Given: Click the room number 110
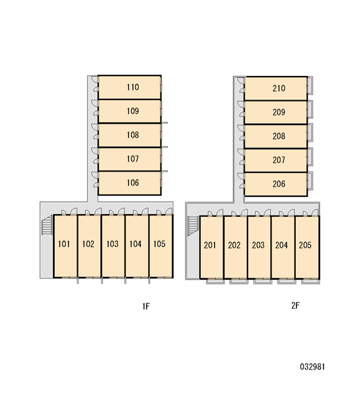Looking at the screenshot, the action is tap(132, 87).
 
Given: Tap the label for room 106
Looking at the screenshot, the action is tap(132, 183).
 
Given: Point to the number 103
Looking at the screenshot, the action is tap(112, 244).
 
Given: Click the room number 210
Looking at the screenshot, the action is tap(279, 88).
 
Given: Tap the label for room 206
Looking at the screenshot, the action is tap(279, 184).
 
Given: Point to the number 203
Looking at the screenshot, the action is tap(259, 245).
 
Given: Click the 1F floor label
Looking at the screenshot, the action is tap(146, 307).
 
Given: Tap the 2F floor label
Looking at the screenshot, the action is tap(295, 305).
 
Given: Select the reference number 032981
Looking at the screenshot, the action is tap(312, 367).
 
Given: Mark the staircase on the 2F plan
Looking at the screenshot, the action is tap(193, 226).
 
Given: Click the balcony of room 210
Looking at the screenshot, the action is tap(310, 85).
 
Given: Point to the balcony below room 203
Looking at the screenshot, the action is tap(262, 281).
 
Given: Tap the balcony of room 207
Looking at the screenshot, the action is tap(310, 157).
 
